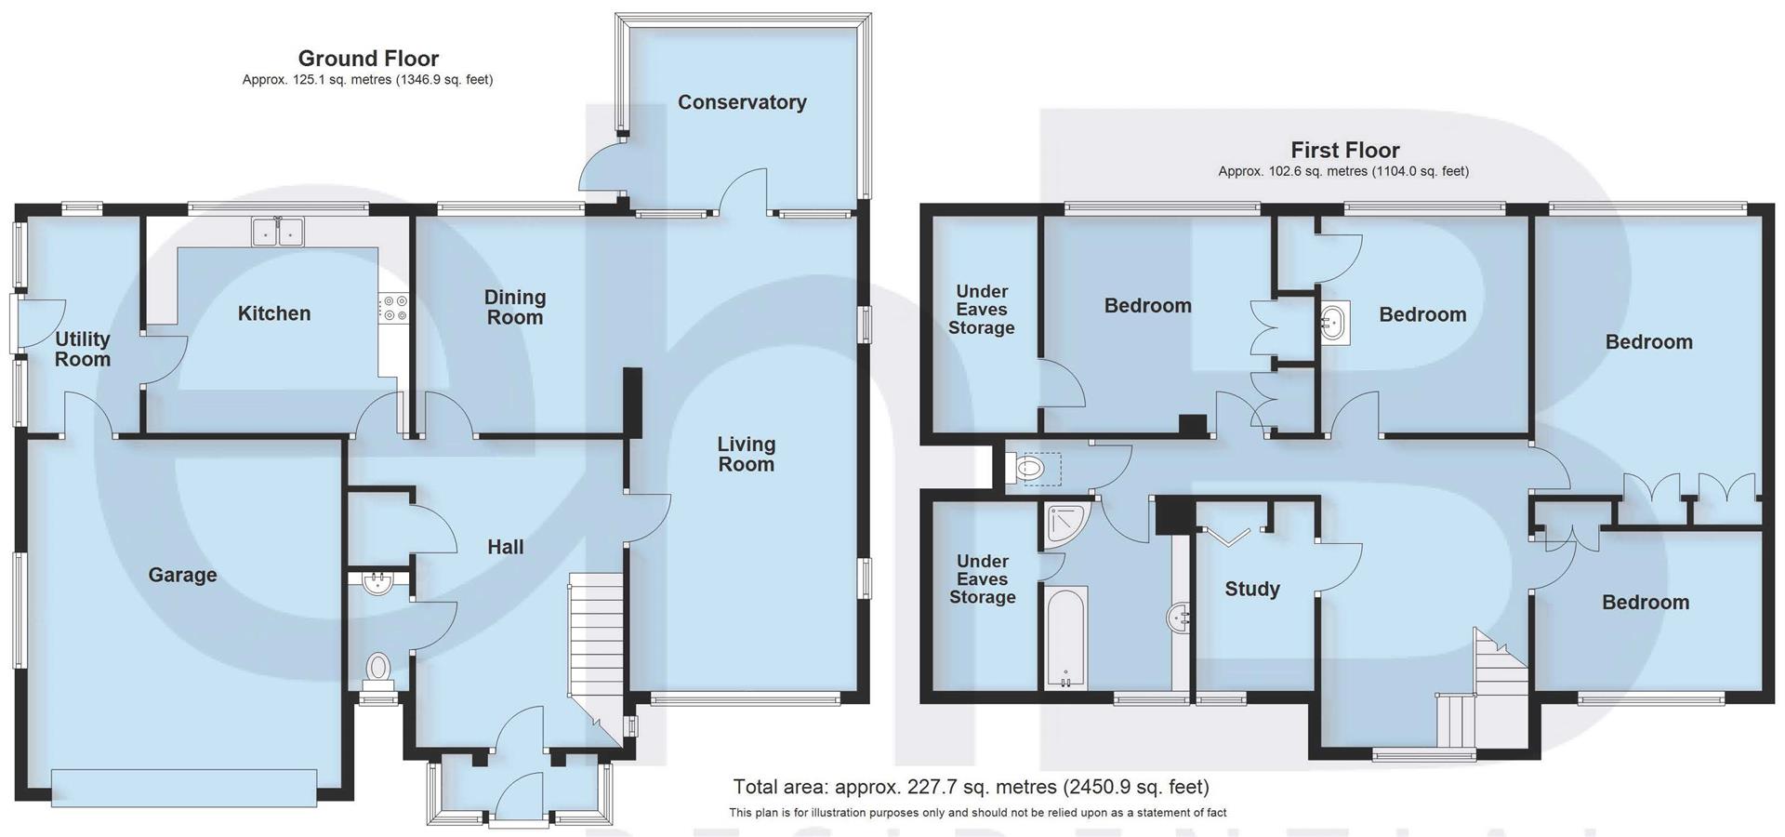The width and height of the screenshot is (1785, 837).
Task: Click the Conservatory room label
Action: point(741,102)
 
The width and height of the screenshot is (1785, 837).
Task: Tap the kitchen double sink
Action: point(278,231)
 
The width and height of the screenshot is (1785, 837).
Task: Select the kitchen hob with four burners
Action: point(394,308)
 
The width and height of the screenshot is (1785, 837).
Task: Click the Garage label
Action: point(182,575)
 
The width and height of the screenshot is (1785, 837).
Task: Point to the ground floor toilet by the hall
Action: point(377,667)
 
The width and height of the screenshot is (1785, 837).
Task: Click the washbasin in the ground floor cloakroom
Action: point(377,584)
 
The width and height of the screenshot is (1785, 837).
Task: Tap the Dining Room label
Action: point(514,307)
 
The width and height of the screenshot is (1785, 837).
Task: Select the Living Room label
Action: point(746,454)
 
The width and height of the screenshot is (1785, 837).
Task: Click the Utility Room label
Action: point(82,349)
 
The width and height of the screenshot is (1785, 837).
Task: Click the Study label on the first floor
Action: point(1251,589)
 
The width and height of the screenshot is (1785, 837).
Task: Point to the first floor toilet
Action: point(1030,468)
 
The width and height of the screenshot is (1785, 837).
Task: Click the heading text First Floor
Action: point(1344,150)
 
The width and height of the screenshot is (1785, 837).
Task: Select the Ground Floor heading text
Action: point(368,59)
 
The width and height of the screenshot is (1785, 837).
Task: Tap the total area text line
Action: point(971,787)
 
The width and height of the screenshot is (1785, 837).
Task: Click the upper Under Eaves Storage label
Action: point(981,309)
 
